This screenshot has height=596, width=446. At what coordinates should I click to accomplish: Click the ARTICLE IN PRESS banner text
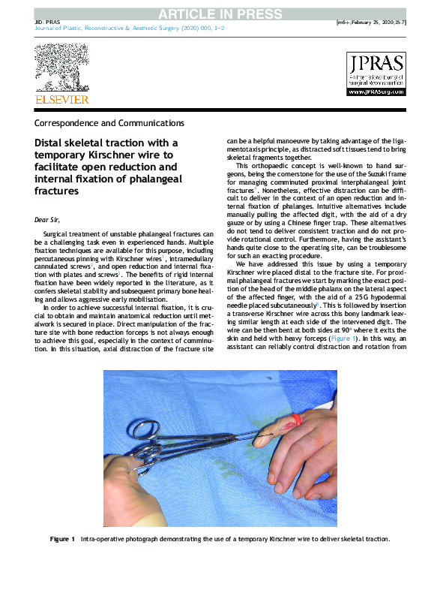[223, 13]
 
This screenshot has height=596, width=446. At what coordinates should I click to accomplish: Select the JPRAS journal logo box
[375, 74]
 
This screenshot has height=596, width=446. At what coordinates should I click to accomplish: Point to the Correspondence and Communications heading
[109, 122]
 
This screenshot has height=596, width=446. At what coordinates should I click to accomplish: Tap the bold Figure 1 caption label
[62, 539]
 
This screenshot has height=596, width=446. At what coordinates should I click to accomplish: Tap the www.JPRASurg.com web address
[375, 92]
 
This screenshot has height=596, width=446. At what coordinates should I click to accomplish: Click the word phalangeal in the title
[150, 179]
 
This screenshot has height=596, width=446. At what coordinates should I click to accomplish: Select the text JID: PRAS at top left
[48, 23]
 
